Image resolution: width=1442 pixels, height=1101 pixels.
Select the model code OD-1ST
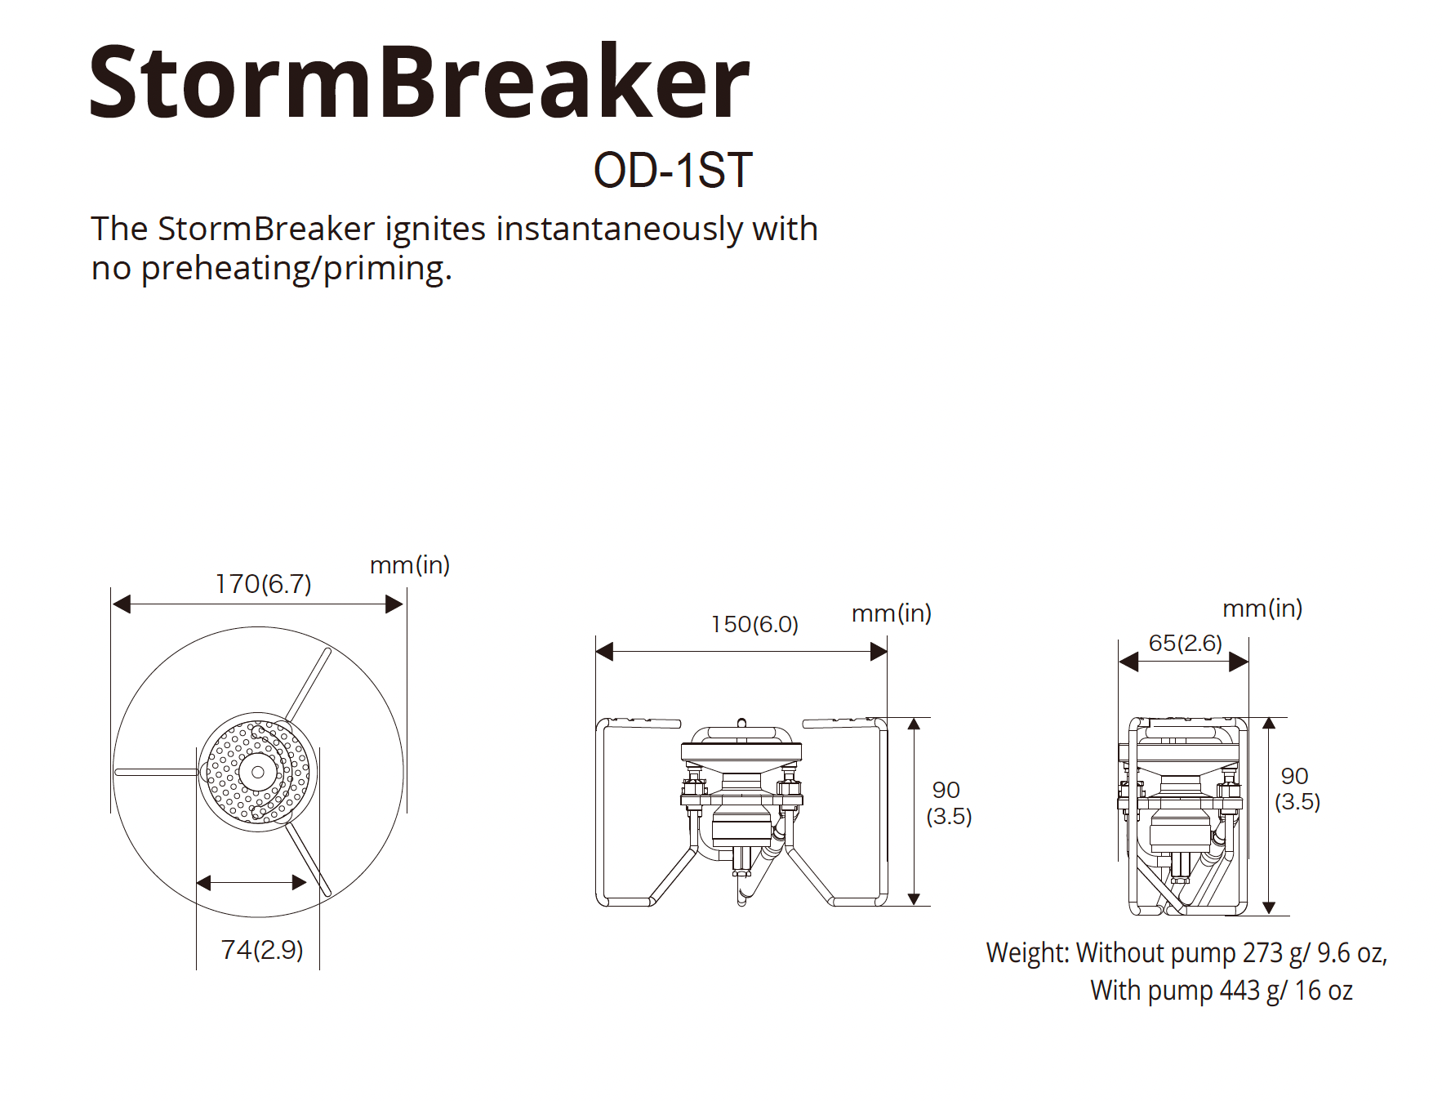[x=673, y=171]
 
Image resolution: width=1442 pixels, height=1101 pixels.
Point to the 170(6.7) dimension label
[x=263, y=584]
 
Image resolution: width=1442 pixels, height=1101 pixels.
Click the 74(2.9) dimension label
[x=261, y=949]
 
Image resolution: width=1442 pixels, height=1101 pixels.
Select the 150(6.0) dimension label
[x=754, y=625]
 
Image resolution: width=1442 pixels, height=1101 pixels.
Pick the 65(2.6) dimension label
[x=1186, y=643]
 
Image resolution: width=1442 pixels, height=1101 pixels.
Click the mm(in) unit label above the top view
[x=410, y=565]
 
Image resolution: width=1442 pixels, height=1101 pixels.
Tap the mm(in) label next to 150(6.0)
[x=892, y=613]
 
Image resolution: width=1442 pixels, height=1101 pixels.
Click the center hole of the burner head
[x=258, y=772]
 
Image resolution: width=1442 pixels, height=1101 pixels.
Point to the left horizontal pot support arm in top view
[x=156, y=772]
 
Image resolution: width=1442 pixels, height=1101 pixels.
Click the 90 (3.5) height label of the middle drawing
[x=949, y=803]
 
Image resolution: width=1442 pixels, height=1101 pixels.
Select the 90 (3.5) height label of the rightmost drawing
[x=1297, y=788]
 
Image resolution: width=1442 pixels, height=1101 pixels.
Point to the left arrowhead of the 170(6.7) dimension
[x=122, y=604]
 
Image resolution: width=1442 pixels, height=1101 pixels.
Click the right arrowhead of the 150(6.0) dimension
[x=879, y=652]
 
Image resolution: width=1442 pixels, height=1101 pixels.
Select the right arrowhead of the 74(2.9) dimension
[x=300, y=882]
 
